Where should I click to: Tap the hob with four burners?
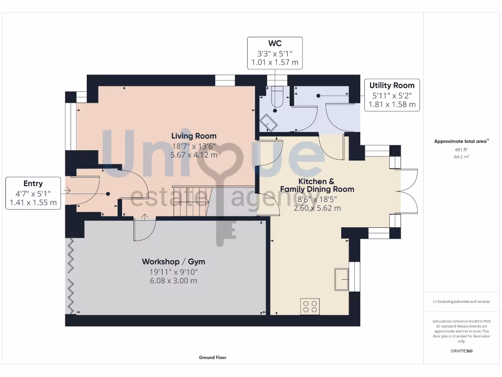(x=310, y=306)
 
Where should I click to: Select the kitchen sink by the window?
(x=342, y=279)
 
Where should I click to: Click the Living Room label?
(x=194, y=136)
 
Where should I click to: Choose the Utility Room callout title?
(x=392, y=85)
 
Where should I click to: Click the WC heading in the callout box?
(x=275, y=43)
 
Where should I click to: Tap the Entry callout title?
(x=33, y=184)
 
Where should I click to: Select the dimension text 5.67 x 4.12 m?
(x=194, y=155)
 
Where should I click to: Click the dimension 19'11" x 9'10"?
(x=170, y=271)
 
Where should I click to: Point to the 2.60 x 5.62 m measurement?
(x=317, y=208)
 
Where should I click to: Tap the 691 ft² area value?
(x=461, y=150)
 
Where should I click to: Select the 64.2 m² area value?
(x=461, y=157)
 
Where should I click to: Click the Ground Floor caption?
(x=213, y=358)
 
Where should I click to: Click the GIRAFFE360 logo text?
(x=461, y=351)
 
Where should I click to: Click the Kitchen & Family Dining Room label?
(x=317, y=185)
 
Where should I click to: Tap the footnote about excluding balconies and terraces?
(x=461, y=301)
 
